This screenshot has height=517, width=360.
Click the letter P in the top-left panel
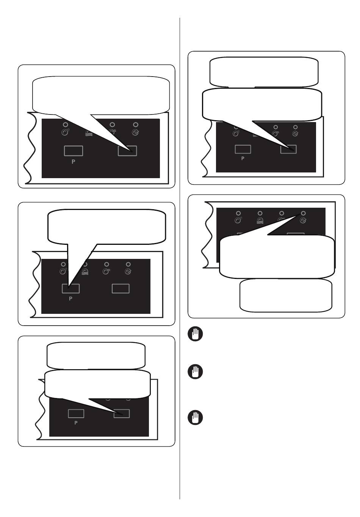(73, 162)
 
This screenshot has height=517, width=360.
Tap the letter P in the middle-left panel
(70, 298)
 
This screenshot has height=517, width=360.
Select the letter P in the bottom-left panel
(76, 423)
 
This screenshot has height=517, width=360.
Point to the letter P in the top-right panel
(243, 158)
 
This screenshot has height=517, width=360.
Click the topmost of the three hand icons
(195, 334)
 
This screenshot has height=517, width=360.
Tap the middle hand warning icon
(195, 371)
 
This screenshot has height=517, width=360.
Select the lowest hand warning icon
(195, 417)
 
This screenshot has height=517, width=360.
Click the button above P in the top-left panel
(74, 151)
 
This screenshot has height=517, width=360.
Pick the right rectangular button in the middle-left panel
(121, 288)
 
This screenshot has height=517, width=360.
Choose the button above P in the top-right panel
(243, 149)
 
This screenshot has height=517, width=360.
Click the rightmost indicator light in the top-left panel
(136, 125)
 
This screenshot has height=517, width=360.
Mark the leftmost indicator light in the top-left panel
(66, 125)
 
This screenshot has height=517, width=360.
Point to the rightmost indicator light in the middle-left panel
(128, 264)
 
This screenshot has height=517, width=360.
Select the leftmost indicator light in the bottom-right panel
(238, 213)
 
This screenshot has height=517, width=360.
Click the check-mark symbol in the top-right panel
(295, 134)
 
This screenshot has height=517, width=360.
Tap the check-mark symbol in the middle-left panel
(128, 272)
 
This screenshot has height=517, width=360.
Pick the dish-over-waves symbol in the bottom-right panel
(260, 221)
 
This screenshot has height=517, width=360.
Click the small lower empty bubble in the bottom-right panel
(286, 295)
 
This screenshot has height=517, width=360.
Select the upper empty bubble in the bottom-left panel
(96, 356)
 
